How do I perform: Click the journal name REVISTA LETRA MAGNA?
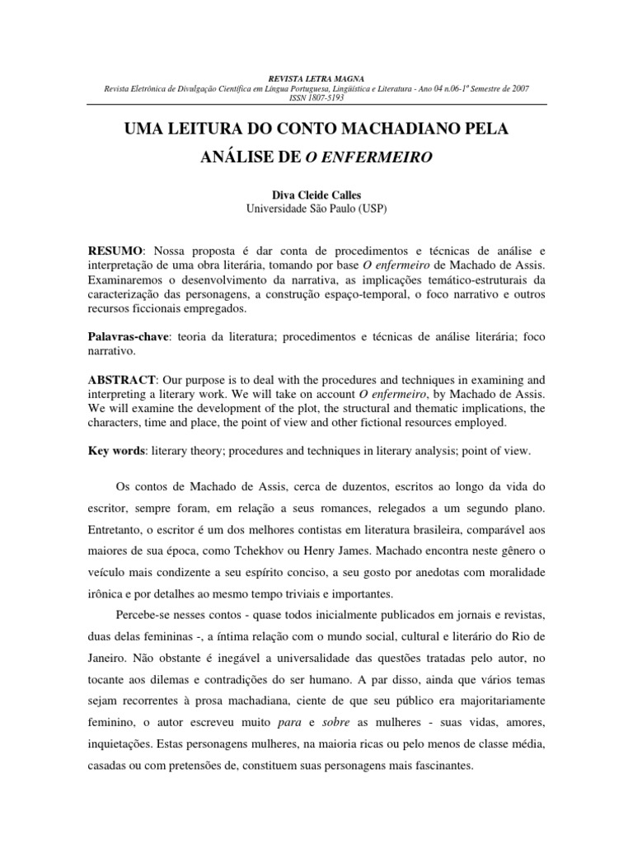(x=316, y=77)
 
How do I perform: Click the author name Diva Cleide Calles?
(x=316, y=195)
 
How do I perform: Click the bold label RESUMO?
(x=115, y=249)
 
